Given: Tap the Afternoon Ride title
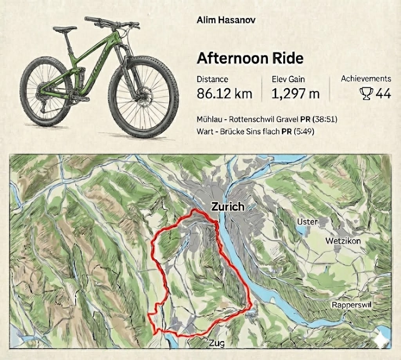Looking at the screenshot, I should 250,58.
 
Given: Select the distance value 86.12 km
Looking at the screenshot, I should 224,94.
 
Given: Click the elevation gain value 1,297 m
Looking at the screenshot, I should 296,94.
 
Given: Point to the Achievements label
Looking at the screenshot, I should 366,79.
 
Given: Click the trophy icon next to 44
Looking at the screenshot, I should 366,94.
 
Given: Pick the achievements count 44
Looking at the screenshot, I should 383,94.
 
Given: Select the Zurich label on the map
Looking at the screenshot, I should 227,206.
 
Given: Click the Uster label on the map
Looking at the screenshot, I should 307,222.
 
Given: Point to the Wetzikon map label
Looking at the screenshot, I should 343,241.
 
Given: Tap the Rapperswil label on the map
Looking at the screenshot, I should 352,305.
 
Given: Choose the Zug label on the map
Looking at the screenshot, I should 217,344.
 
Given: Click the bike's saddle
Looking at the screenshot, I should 65,29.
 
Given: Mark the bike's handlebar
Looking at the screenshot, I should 112,22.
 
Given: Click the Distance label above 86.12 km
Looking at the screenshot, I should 212,79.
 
